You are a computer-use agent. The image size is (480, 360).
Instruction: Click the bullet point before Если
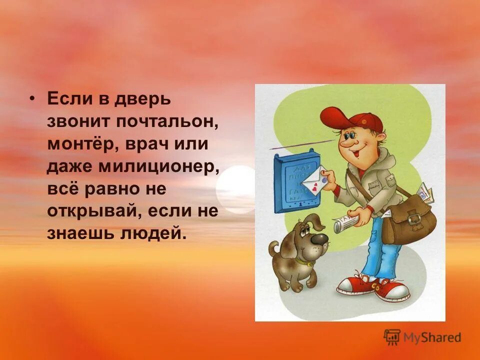(33, 98)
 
